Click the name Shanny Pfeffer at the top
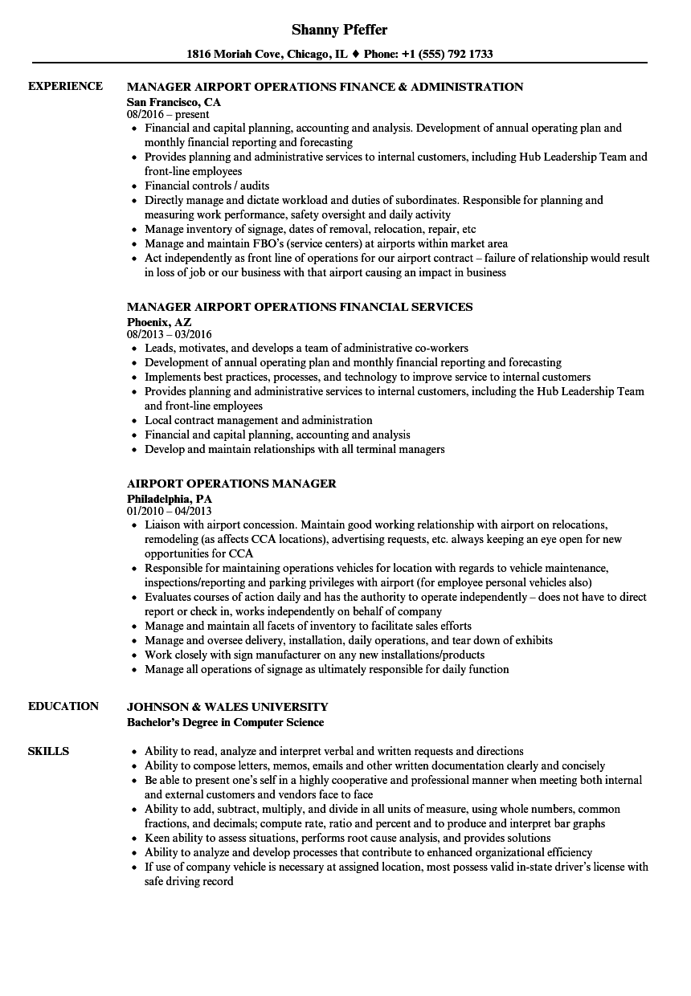pyautogui.click(x=339, y=30)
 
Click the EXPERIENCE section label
pyautogui.click(x=65, y=86)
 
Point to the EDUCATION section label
pyautogui.click(x=63, y=706)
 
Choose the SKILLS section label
pyautogui.click(x=48, y=751)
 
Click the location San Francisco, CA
pyautogui.click(x=174, y=102)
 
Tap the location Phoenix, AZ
pyautogui.click(x=159, y=321)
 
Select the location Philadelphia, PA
pyautogui.click(x=169, y=498)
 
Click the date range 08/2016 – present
pyautogui.click(x=168, y=115)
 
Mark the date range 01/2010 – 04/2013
pyautogui.click(x=169, y=511)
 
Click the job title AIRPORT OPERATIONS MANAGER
pyautogui.click(x=231, y=484)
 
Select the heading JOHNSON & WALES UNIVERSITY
pyautogui.click(x=227, y=707)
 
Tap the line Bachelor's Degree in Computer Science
pyautogui.click(x=225, y=722)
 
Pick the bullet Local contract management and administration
pyautogui.click(x=258, y=420)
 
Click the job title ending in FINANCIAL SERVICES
pyautogui.click(x=300, y=307)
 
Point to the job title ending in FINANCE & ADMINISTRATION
pyautogui.click(x=325, y=87)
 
